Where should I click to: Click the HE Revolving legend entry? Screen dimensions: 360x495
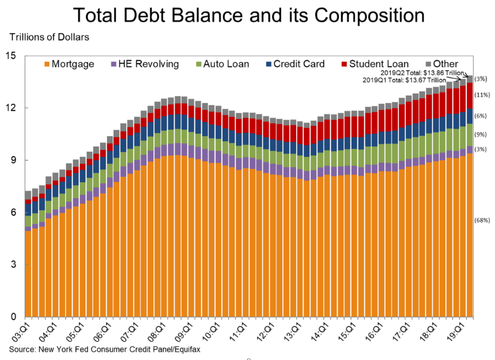pos(144,64)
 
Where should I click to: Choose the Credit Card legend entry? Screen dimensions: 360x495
pos(295,64)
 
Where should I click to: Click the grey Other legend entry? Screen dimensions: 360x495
pos(440,64)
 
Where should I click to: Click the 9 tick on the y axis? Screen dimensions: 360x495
pos(13,160)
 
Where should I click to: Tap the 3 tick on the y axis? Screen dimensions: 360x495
pos(13,264)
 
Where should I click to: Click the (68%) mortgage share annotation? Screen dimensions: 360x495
pos(483,220)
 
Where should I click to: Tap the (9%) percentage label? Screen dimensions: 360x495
pos(481,134)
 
